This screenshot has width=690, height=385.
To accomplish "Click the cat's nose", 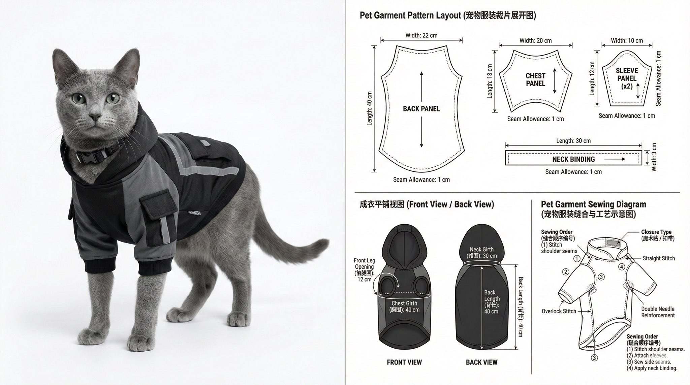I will click(95, 118).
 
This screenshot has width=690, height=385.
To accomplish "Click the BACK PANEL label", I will click(421, 109).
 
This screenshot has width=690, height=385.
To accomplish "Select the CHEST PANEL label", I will click(535, 79).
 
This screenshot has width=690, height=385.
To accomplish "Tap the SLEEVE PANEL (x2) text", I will click(627, 78).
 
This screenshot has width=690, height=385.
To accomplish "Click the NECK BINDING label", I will click(573, 159).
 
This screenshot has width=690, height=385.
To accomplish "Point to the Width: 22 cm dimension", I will click(421, 35).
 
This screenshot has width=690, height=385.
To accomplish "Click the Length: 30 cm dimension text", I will click(573, 141).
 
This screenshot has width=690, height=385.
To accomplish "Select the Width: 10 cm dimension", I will click(627, 41).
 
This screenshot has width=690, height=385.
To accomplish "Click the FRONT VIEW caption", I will click(404, 362).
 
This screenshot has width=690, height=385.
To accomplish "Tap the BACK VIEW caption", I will click(481, 362).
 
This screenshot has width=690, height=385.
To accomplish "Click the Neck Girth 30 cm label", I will click(481, 253).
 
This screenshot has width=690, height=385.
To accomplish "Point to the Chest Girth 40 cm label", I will click(404, 307).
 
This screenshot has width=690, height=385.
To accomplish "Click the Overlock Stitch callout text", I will click(559, 311).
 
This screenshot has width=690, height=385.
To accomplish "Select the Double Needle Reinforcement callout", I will click(658, 312).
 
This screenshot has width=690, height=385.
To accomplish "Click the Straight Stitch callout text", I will click(658, 258).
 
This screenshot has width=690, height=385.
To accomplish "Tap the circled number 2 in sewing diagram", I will click(566, 272).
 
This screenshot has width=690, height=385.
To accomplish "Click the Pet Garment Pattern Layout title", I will click(447, 15).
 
